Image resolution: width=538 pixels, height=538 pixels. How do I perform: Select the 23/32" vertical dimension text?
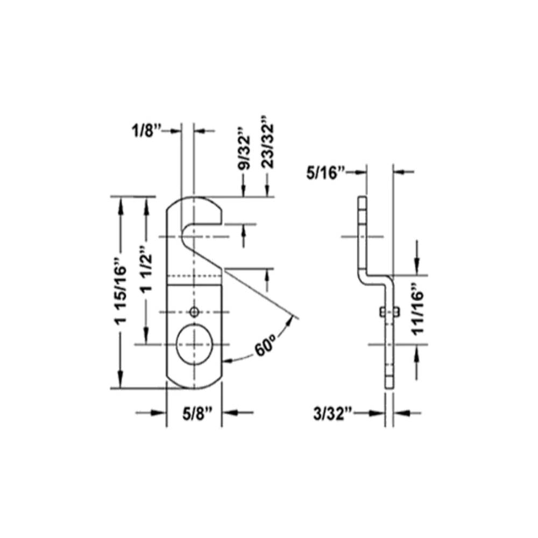[x=267, y=141]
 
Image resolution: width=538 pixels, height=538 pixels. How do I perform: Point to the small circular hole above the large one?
[x=194, y=312]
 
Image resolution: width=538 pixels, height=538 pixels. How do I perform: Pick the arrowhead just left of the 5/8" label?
[x=159, y=413]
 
